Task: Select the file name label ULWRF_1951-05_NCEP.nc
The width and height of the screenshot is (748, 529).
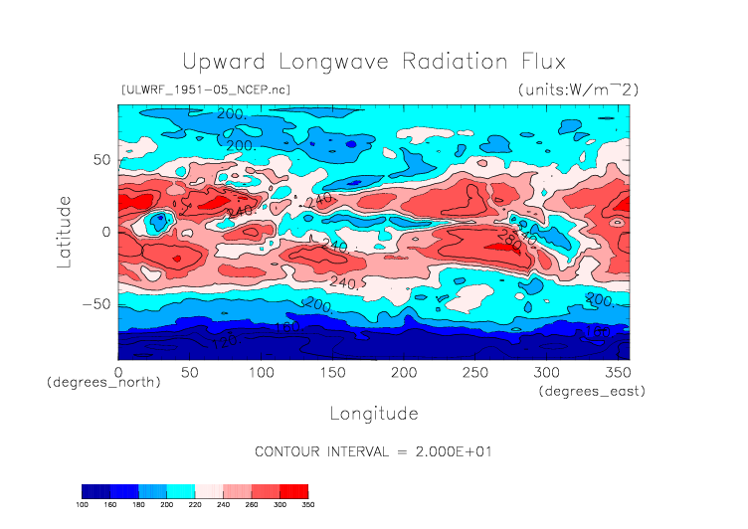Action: [x=205, y=89]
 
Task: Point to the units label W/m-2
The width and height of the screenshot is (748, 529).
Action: [x=579, y=89]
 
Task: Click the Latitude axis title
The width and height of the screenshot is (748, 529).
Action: [x=64, y=231]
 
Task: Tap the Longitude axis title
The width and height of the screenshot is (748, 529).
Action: [x=374, y=413]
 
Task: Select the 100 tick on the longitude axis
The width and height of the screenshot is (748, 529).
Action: [x=261, y=372]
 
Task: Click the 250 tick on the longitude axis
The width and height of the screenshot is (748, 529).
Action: [x=475, y=372]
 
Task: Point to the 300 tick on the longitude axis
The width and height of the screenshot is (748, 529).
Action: [x=546, y=372]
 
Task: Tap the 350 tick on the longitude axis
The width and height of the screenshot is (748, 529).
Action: [x=618, y=372]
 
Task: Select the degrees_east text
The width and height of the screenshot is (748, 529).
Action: [x=593, y=392]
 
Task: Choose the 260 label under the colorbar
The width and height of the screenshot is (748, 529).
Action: [x=252, y=505]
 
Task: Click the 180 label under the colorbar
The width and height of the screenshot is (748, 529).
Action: [x=138, y=505]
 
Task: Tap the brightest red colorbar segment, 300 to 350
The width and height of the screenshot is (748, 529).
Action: [x=294, y=491]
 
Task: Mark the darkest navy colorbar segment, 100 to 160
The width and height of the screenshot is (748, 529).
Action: [x=95, y=491]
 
